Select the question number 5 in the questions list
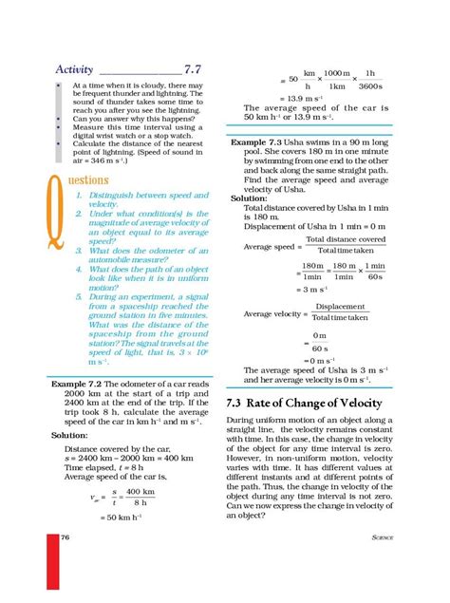(79, 298)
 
